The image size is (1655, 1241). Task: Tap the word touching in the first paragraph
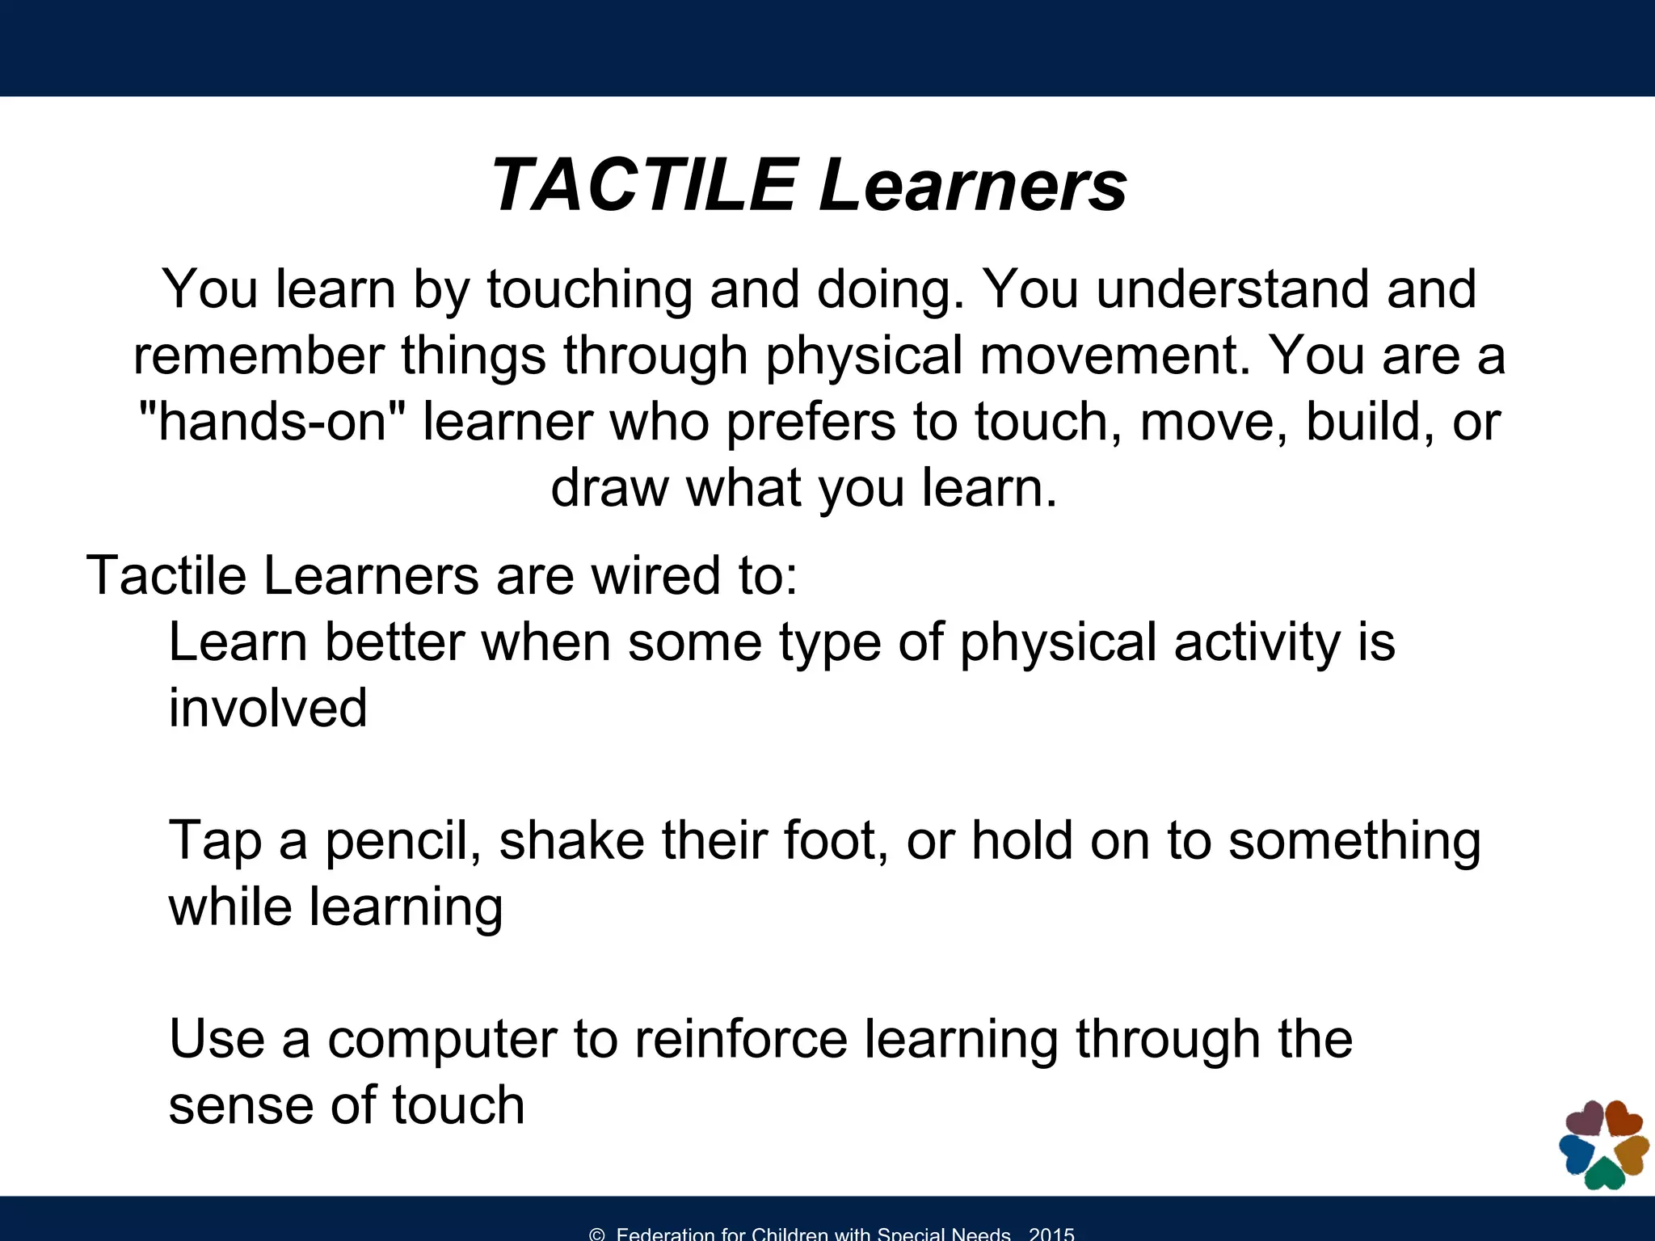click(x=589, y=290)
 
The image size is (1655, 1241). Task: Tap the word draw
click(x=609, y=488)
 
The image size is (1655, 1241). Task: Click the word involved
click(x=267, y=709)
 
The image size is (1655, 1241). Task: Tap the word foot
click(x=836, y=840)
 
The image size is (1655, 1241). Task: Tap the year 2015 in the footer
click(x=1051, y=1234)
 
